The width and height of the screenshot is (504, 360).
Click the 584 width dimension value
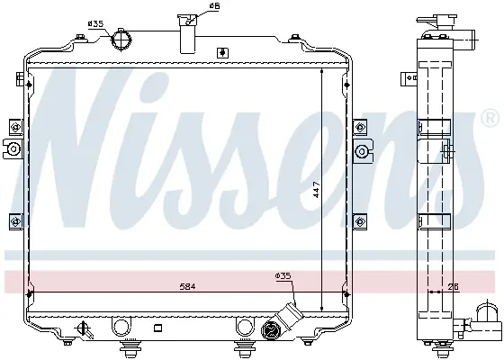coord(187,286)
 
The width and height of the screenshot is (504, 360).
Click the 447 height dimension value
coord(316,190)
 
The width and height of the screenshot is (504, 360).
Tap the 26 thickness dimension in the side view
coord(454,286)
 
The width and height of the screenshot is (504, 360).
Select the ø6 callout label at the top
coord(214,6)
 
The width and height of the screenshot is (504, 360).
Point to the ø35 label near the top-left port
coord(95,23)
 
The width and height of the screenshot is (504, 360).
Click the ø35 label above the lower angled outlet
coord(283,275)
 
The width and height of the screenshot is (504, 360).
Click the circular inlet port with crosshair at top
coord(121,40)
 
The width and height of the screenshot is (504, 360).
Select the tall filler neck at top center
coord(188,33)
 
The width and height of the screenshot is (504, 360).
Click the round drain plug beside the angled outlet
coord(271,329)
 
